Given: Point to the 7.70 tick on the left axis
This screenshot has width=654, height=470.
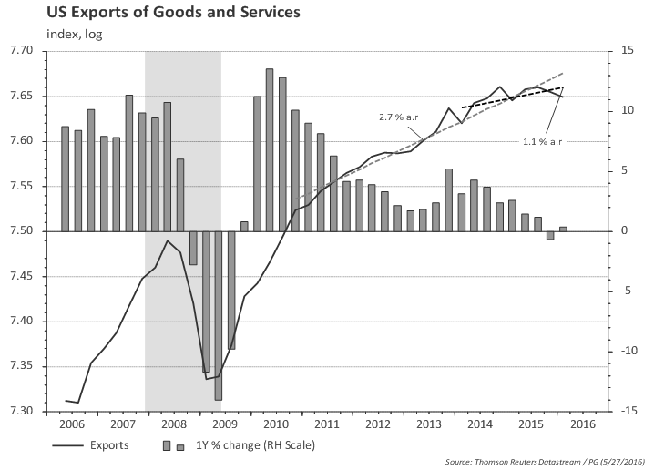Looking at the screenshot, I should (33, 51).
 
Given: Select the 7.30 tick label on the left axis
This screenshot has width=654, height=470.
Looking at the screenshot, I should (33, 412).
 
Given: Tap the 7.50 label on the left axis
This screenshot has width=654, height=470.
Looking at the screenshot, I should (33, 231).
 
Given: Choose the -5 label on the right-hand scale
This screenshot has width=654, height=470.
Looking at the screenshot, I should (625, 291).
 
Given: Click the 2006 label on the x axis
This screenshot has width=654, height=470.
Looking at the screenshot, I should (72, 424).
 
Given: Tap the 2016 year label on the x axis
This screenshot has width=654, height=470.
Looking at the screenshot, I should (583, 424).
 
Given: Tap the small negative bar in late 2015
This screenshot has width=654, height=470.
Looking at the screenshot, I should (550, 235).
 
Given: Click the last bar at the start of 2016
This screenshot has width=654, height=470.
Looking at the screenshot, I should (563, 229).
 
